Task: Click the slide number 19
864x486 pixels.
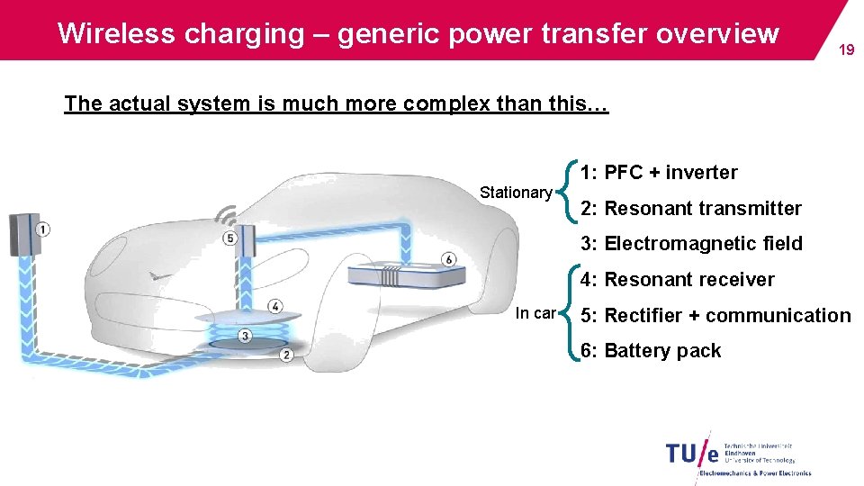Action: [x=846, y=50]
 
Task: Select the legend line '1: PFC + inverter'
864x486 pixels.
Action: [x=659, y=173]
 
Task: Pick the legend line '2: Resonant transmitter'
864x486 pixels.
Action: [x=690, y=209]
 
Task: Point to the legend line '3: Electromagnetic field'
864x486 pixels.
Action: [x=691, y=244]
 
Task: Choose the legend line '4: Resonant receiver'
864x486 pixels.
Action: [x=677, y=280]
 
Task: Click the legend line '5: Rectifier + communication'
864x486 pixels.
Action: [x=715, y=316]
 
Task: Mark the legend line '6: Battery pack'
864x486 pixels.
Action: [x=651, y=351]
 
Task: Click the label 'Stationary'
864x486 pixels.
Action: [x=516, y=193]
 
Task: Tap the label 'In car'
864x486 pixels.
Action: [x=535, y=314]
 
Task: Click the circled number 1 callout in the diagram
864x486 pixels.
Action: [x=42, y=229]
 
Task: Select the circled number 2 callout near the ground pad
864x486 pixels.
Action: [x=285, y=355]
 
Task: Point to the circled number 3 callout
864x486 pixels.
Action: [x=245, y=336]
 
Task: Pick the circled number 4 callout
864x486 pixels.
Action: [x=274, y=307]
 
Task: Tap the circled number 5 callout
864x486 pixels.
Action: [x=230, y=238]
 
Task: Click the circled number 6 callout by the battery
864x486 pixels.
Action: [x=449, y=259]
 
